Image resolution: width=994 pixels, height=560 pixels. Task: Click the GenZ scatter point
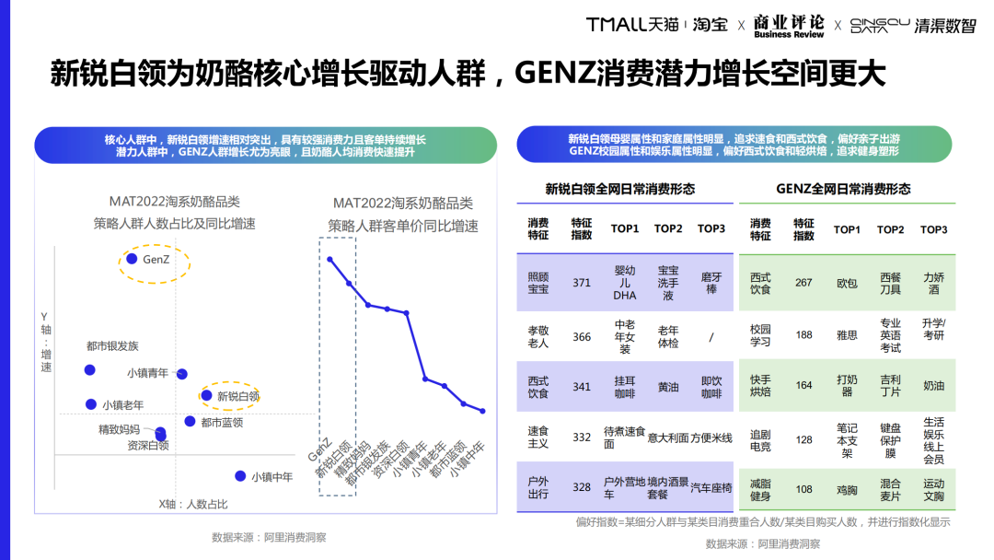[131, 260]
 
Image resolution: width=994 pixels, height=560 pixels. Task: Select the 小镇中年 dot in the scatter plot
[240, 476]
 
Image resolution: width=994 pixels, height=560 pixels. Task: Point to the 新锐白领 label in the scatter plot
[237, 396]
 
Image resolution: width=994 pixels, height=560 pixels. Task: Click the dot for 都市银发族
[89, 369]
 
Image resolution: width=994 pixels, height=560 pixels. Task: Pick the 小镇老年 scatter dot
[90, 403]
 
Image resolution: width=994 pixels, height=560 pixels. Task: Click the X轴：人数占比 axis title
[193, 504]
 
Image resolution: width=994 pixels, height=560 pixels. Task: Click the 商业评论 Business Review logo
[789, 26]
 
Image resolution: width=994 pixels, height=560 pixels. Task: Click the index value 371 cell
[582, 283]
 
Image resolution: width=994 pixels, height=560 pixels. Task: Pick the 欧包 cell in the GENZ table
[847, 283]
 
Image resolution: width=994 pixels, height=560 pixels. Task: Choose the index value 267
[803, 283]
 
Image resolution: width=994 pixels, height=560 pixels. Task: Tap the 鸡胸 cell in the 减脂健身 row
[847, 489]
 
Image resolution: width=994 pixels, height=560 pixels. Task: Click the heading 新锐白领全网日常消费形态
[620, 189]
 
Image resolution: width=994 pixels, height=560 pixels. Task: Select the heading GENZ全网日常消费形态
[843, 189]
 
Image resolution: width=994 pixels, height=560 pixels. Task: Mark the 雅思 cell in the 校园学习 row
[847, 335]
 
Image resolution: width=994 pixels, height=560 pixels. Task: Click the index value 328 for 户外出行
[582, 487]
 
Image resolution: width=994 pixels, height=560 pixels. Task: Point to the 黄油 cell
[668, 387]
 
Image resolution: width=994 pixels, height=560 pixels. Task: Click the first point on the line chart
[329, 259]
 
